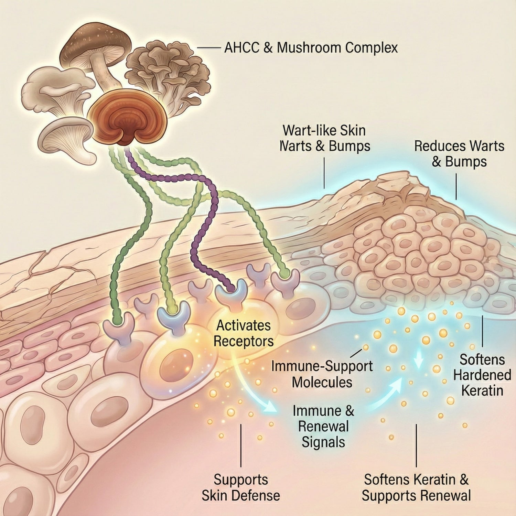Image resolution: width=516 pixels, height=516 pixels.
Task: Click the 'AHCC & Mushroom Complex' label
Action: [x=311, y=47]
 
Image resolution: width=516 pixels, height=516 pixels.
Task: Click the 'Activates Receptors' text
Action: [x=244, y=333]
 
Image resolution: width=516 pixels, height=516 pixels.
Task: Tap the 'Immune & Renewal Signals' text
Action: [x=323, y=427]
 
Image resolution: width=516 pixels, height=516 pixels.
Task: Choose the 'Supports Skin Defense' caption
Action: [x=241, y=487]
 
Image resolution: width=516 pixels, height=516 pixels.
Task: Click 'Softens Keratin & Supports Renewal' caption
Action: [x=416, y=487]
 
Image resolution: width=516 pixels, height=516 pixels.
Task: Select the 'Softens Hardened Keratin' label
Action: [x=482, y=375]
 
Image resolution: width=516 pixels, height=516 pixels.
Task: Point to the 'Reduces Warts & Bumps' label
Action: [x=459, y=153]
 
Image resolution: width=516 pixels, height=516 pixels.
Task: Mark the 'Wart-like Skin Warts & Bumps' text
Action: [x=324, y=138]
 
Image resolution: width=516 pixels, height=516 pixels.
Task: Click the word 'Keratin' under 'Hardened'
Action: [x=482, y=391]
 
